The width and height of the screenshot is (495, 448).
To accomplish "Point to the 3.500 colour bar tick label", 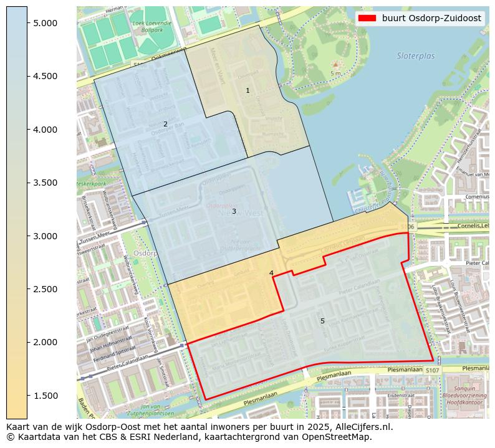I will tap(45, 183).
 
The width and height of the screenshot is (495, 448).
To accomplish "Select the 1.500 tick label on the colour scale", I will tap(45, 396).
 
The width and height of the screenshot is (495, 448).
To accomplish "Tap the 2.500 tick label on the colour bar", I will tap(45, 289).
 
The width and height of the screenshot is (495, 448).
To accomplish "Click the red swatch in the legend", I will tap(367, 18).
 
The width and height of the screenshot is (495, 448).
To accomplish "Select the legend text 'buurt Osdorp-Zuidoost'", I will tap(431, 18).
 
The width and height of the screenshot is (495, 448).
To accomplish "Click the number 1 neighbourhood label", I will tap(247, 91).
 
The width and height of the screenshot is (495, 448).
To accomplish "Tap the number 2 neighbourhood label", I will tap(165, 124).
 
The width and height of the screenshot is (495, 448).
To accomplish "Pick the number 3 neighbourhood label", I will tap(234, 211).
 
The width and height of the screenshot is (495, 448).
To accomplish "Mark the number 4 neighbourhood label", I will tap(271, 273).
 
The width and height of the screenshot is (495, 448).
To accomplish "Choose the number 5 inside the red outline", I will tap(322, 321).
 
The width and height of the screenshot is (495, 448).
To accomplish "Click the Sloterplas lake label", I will tap(416, 56).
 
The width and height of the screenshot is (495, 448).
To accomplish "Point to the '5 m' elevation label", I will tap(335, 74).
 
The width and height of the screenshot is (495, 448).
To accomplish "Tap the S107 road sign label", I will tap(433, 371).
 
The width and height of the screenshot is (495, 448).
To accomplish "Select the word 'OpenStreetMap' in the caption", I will tap(340, 437).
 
